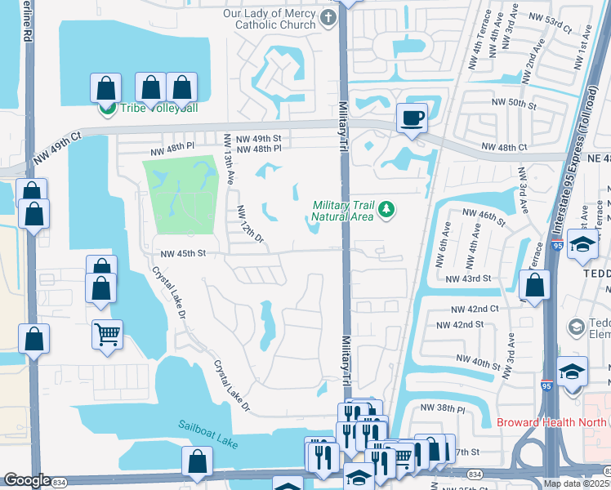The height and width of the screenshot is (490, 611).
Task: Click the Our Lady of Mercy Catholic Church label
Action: (x=269, y=19)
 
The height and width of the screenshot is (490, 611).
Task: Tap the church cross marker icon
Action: (x=328, y=19)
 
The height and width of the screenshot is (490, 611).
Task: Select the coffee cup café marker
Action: (x=412, y=118)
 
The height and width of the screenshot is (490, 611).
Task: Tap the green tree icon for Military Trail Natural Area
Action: (x=386, y=211)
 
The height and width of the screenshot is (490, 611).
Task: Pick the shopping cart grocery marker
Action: (x=108, y=335)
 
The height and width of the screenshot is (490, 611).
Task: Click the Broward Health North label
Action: (x=552, y=422)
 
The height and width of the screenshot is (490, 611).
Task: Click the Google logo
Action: (x=27, y=480)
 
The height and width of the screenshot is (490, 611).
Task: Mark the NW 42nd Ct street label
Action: (x=475, y=309)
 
